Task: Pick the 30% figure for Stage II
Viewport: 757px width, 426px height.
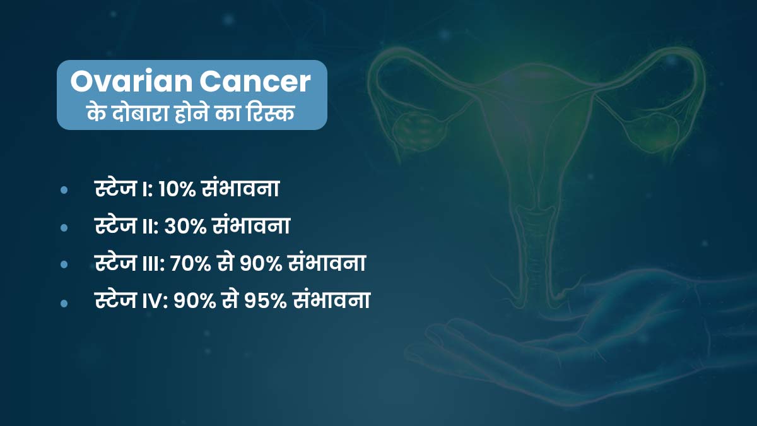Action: point(184,226)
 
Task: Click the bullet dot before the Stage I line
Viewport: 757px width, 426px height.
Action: point(64,190)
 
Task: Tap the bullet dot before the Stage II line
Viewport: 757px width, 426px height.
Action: point(64,227)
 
